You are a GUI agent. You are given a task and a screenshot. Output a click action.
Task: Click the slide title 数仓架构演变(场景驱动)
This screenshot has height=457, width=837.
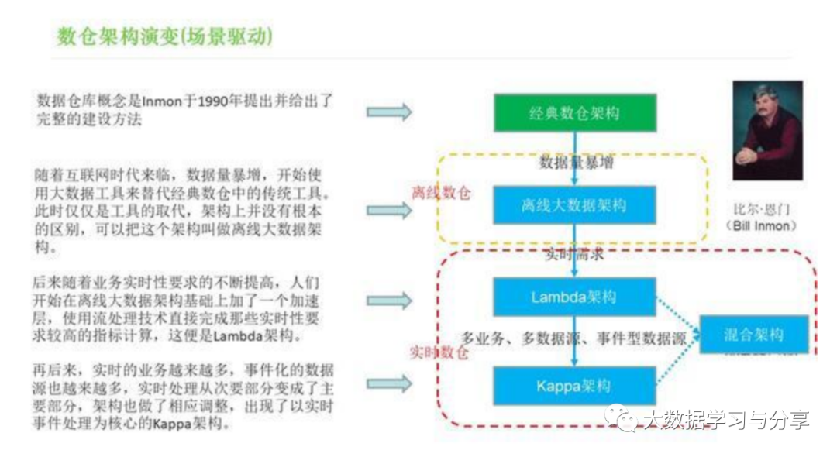click(x=164, y=36)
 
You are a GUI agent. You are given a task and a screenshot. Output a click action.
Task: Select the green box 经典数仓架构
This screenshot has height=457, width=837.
click(x=574, y=113)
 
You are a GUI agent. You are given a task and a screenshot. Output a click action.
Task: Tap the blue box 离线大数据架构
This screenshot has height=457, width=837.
click(x=574, y=205)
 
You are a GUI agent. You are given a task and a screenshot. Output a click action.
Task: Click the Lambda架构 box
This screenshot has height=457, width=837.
click(x=574, y=297)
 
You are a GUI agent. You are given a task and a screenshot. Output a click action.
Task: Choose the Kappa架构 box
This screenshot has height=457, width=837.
click(x=574, y=386)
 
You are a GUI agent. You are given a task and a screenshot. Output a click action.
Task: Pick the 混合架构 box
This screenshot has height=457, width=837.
click(x=753, y=335)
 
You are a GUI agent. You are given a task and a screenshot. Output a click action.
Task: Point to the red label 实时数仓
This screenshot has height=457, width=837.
click(x=439, y=352)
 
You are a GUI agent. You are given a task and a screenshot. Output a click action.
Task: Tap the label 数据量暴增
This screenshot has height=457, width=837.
click(x=573, y=163)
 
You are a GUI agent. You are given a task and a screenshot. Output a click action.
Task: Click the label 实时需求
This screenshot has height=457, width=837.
click(x=573, y=253)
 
